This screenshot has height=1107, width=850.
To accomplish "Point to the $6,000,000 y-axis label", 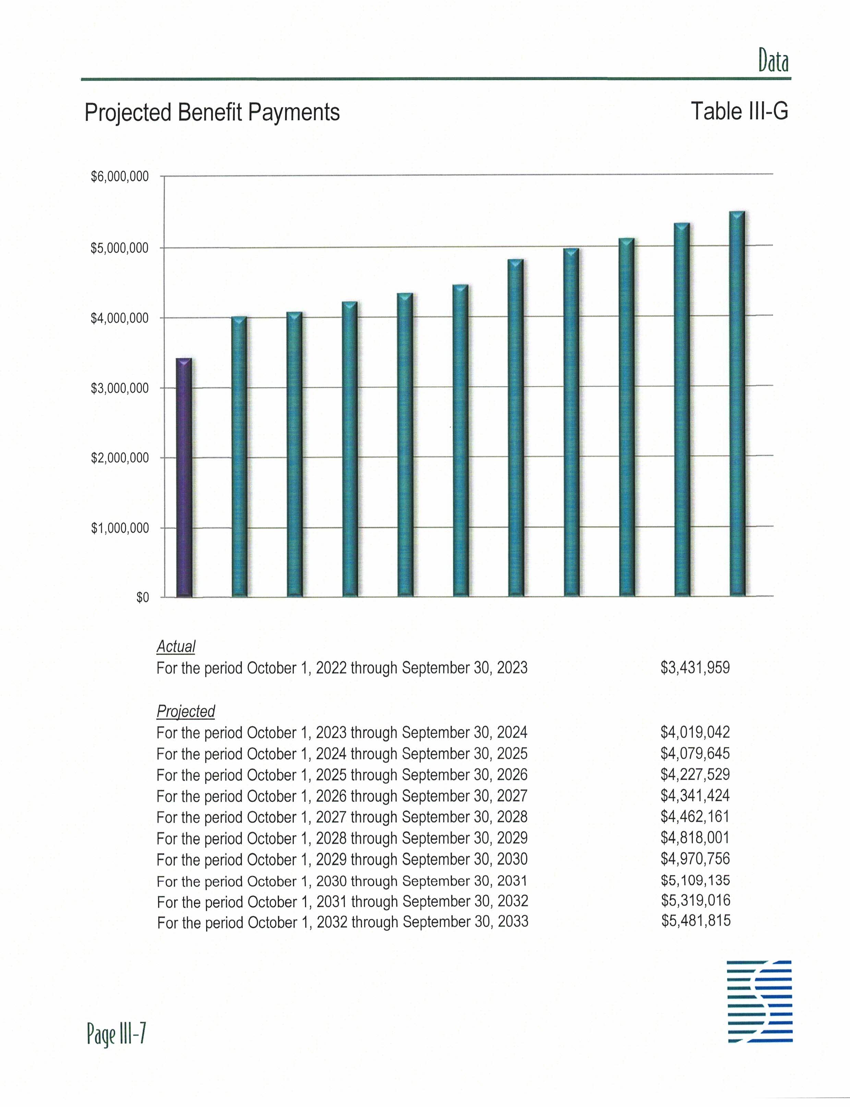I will coord(120,177).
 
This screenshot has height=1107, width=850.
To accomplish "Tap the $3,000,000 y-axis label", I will coord(120,388).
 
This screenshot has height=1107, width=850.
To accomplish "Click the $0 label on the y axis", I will coord(143,598).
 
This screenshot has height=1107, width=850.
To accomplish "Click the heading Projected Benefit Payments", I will coord(212,112).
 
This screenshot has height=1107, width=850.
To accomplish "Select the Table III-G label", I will coord(739,111).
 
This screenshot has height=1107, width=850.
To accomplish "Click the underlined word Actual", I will coord(176,647).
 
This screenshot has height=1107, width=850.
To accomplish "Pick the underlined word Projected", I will coord(186,711).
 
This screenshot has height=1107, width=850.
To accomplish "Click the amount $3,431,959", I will coord(695,668).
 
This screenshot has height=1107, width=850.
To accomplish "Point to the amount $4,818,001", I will coord(695,838).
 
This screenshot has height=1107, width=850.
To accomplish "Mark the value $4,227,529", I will coord(695,774).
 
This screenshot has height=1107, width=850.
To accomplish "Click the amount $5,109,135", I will coord(695,880).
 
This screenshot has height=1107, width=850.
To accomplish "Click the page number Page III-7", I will coord(116,1034).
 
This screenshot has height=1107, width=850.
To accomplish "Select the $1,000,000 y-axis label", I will coord(120,528).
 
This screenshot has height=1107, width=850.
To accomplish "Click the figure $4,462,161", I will coord(695,817).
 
